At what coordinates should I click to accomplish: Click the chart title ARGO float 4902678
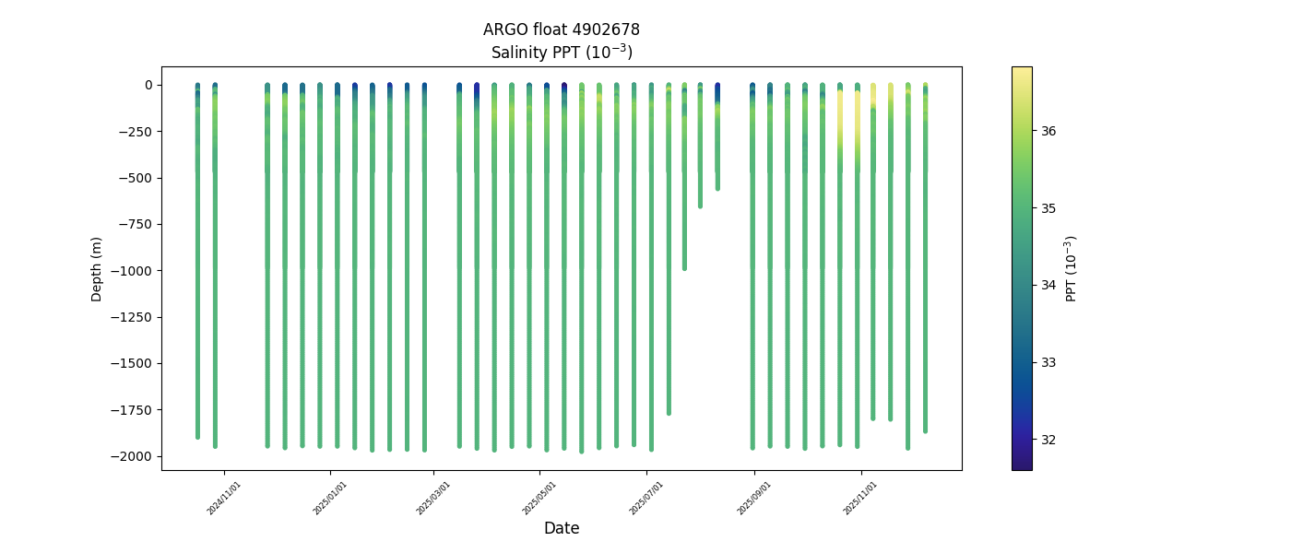(561, 29)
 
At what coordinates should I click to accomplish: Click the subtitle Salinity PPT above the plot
(561, 52)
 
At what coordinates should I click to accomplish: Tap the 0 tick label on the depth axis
(147, 85)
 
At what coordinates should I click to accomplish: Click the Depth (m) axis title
(96, 269)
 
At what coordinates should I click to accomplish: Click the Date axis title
(561, 528)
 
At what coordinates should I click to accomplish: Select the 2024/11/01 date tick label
(225, 498)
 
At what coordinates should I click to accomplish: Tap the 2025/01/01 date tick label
(330, 498)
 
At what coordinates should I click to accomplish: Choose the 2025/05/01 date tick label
(540, 498)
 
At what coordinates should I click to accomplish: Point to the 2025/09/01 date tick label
(754, 498)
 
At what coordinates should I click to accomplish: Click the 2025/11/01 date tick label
(861, 498)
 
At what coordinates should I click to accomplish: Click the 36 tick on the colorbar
(1049, 131)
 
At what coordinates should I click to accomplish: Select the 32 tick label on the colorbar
(1049, 440)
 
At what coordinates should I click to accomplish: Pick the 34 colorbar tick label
(1049, 285)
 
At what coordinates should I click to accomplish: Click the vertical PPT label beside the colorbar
(1071, 268)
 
